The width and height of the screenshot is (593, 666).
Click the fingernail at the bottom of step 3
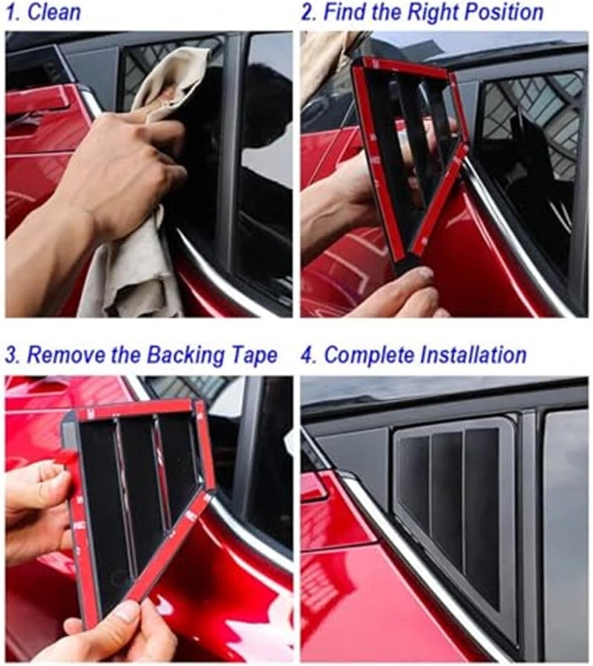click(127, 613)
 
